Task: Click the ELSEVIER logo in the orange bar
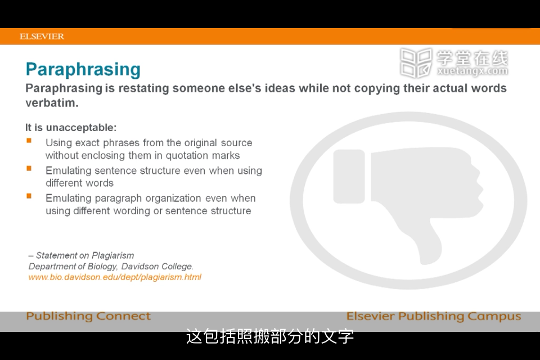coord(42,36)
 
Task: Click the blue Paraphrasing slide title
coord(83,70)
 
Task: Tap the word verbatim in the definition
coord(52,103)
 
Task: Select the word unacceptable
coord(81,128)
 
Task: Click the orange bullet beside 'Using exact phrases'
coord(29,141)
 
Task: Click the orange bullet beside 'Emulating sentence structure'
coord(29,168)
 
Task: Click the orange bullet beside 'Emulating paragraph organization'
coord(29,196)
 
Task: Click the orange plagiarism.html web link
coord(115,277)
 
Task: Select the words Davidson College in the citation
coord(157,266)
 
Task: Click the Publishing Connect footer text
coord(88,316)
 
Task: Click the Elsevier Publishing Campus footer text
coord(434,316)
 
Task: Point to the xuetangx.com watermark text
coord(472,71)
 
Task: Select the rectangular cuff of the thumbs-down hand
coord(349,177)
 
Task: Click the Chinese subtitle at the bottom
coord(270,336)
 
